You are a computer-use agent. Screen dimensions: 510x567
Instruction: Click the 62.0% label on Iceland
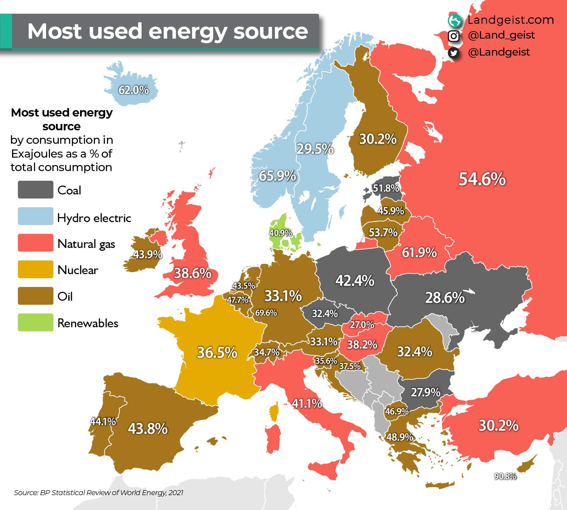coord(134,90)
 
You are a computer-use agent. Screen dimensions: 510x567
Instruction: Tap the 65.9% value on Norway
coord(277,175)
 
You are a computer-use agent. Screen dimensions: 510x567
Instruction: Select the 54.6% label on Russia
coord(482,179)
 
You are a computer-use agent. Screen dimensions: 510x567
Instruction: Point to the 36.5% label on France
coord(217,352)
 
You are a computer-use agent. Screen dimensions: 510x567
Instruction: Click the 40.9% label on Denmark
coord(280,233)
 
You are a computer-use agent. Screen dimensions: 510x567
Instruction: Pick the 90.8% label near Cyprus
coord(505,476)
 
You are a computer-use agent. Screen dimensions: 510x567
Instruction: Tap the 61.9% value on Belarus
coord(419,253)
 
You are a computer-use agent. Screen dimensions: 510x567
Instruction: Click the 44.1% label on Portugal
coord(103,421)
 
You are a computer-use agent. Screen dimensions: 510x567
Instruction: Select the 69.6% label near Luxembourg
coord(266,313)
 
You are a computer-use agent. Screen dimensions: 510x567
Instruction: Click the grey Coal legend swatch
coord(35,190)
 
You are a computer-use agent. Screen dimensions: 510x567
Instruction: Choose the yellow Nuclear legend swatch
coord(35,270)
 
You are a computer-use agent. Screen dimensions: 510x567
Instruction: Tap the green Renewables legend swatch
coord(35,323)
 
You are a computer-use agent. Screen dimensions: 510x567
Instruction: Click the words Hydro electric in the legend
coord(94,218)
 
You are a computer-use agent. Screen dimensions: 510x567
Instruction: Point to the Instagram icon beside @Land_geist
coord(454,36)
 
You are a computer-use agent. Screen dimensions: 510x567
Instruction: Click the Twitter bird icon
coord(454,53)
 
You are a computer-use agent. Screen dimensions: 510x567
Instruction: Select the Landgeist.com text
coord(510,20)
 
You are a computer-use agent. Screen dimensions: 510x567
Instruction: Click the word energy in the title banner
coord(188,31)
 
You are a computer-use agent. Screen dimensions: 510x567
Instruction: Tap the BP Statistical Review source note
coord(98,493)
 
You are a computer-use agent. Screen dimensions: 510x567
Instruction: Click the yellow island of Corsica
coord(273,413)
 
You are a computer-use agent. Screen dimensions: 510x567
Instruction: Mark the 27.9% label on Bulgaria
coord(425,392)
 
